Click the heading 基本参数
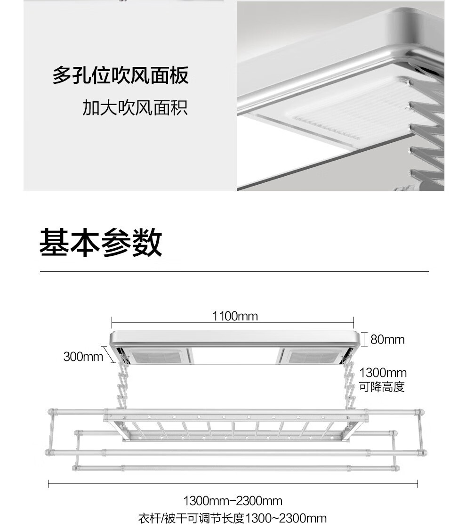[100, 243]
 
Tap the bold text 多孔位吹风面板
[121, 76]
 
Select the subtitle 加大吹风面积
[135, 108]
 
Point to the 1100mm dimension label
[235, 316]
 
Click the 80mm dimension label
[387, 339]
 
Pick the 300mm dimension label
[83, 357]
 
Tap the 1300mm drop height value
[383, 374]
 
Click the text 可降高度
[382, 387]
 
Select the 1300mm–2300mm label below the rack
[233, 501]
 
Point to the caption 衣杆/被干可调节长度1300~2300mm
[233, 519]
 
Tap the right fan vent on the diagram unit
[311, 357]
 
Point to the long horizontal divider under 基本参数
[234, 272]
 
